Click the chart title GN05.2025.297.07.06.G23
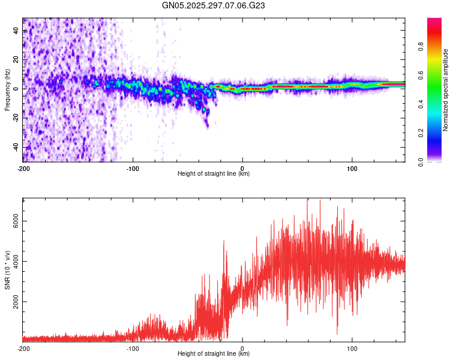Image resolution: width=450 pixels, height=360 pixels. click(x=214, y=5)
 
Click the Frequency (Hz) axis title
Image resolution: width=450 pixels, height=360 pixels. click(x=7, y=90)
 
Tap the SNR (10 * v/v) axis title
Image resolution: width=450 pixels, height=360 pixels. click(x=7, y=269)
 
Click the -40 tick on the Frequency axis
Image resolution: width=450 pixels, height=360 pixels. click(x=16, y=147)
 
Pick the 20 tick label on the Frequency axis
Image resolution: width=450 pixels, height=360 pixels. click(x=16, y=59)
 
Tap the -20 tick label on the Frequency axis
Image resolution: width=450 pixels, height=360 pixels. click(x=16, y=118)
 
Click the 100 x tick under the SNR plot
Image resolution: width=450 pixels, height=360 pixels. click(x=352, y=348)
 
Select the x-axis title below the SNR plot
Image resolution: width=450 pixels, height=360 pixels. click(x=214, y=354)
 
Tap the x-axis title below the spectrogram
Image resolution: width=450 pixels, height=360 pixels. click(x=214, y=174)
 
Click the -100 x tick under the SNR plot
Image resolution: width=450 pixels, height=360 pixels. click(x=133, y=348)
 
